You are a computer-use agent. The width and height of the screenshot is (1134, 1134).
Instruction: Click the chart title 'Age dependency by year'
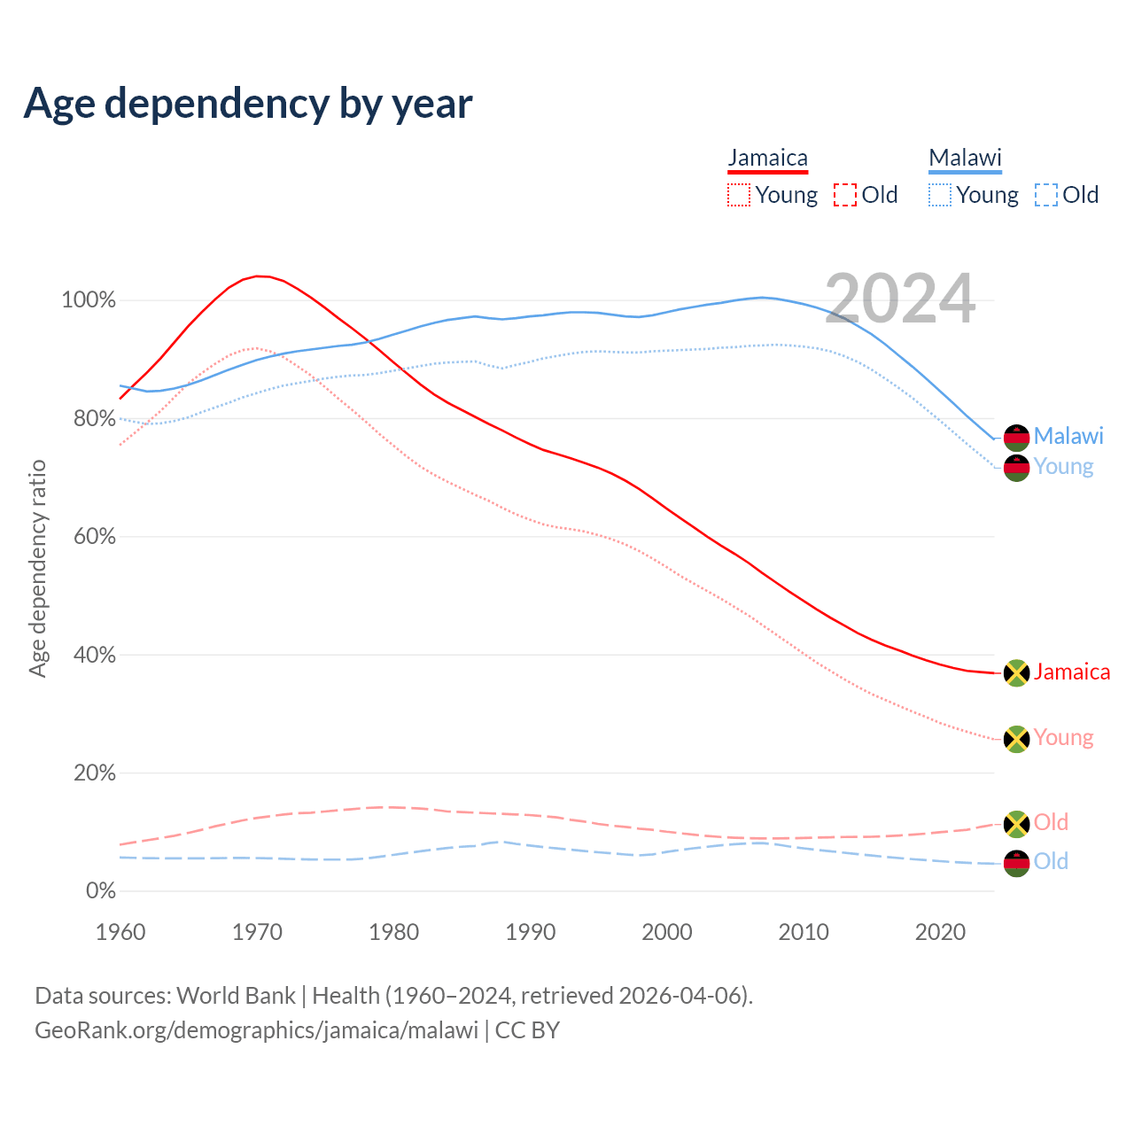click(248, 103)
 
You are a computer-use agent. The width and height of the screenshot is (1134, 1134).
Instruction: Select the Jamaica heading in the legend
click(767, 158)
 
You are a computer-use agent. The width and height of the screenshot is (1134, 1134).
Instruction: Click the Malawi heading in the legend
click(965, 158)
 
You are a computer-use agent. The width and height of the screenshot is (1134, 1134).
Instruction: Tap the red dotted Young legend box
click(738, 195)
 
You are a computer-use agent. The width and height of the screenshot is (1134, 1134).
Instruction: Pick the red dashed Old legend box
click(845, 195)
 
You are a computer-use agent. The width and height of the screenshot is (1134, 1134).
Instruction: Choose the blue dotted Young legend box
click(940, 195)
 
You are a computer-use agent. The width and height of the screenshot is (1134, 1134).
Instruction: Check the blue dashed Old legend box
click(1046, 195)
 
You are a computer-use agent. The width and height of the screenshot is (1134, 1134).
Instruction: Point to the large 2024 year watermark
click(900, 299)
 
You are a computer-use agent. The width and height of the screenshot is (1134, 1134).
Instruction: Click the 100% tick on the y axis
click(89, 300)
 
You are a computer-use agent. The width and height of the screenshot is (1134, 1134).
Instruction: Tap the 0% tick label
click(100, 891)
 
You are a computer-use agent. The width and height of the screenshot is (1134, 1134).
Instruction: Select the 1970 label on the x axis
click(257, 932)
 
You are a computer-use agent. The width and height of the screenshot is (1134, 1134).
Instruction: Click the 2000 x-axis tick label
click(667, 932)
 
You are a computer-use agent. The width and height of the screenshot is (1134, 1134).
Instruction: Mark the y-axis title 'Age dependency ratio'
click(37, 568)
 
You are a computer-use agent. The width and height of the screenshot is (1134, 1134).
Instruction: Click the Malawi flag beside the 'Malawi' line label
click(1016, 438)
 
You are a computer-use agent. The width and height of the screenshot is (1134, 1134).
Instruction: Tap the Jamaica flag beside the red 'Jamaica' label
click(1016, 673)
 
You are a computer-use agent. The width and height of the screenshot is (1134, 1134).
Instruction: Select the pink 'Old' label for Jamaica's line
click(1051, 822)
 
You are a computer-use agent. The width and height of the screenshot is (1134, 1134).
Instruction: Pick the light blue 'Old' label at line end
click(1051, 861)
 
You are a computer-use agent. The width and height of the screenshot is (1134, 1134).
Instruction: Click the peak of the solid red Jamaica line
click(258, 276)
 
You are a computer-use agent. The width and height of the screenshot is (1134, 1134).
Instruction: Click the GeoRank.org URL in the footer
click(256, 1030)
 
